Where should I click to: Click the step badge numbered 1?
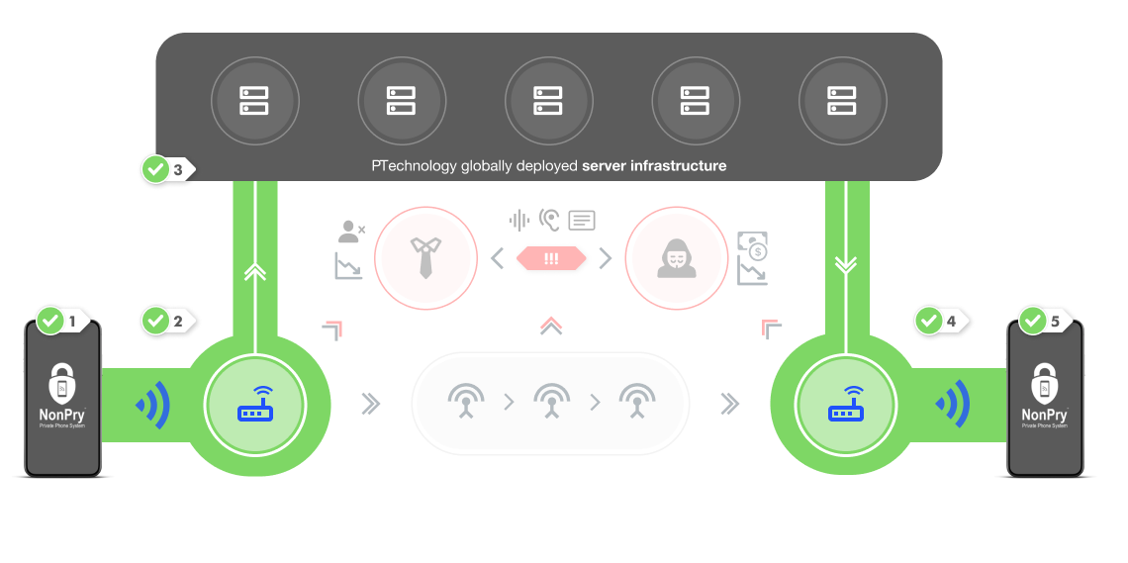point(63,322)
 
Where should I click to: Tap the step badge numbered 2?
point(169,321)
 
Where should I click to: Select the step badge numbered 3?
point(168,169)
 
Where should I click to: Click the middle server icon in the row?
point(548,101)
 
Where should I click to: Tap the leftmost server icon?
point(254,101)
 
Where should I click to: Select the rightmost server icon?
point(842,101)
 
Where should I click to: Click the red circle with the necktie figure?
point(423,257)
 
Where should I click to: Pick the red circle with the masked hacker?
point(673,257)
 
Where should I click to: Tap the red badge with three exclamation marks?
point(551,258)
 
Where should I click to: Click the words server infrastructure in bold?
point(654,166)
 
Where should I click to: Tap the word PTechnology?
point(414,166)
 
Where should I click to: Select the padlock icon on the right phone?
point(1045,382)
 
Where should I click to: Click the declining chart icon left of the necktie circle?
point(347,265)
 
